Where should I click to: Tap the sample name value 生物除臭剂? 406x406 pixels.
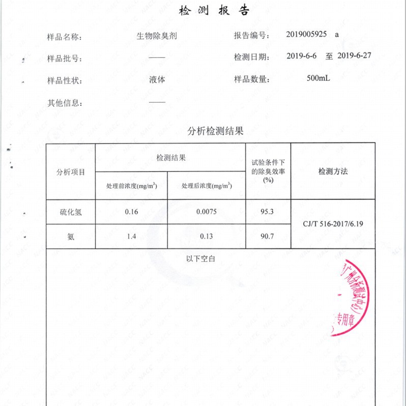pyautogui.click(x=157, y=37)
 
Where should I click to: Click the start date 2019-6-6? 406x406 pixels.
pyautogui.click(x=302, y=55)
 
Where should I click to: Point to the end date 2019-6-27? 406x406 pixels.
pyautogui.click(x=354, y=55)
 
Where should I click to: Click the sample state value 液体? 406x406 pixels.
pyautogui.click(x=157, y=80)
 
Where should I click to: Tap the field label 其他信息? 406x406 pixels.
pyautogui.click(x=64, y=103)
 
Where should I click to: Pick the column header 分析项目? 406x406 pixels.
pyautogui.click(x=71, y=172)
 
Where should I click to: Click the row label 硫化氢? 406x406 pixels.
pyautogui.click(x=71, y=212)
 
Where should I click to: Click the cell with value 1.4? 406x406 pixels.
pyautogui.click(x=131, y=236)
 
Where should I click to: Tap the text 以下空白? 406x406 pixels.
pyautogui.click(x=201, y=259)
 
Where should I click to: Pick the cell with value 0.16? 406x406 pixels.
pyautogui.click(x=131, y=212)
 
